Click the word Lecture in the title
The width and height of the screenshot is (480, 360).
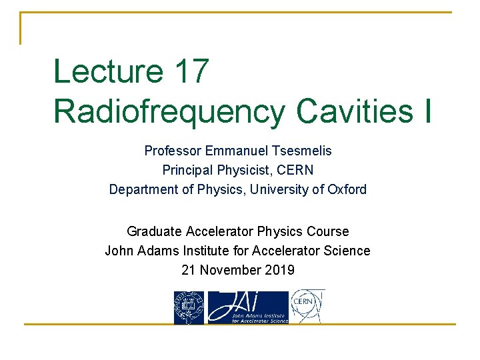[x=107, y=71]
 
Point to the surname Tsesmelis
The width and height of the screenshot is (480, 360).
[x=301, y=151]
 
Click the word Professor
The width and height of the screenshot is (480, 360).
[x=173, y=151]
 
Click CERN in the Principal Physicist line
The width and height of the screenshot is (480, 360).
[x=295, y=170]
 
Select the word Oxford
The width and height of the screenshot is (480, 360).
[x=347, y=189]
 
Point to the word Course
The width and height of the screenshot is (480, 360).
[x=327, y=231]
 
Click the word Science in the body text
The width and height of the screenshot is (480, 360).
[x=346, y=251]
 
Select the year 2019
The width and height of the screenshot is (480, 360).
[x=279, y=270]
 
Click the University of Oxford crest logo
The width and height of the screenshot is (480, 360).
[x=189, y=308]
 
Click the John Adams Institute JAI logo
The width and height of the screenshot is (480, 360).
[x=248, y=308]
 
